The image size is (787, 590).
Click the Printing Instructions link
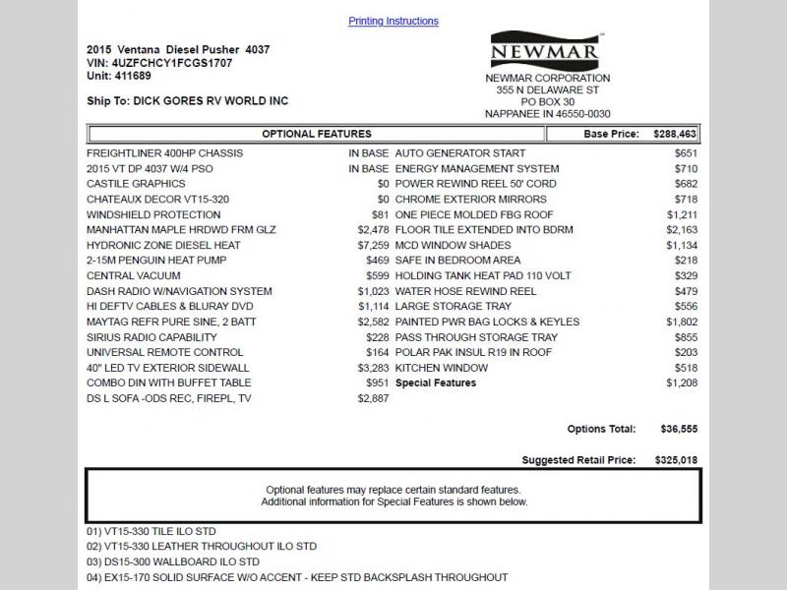[393, 21]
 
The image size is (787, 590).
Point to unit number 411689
[134, 76]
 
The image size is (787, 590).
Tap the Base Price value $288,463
[675, 134]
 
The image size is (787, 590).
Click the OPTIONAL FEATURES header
[316, 134]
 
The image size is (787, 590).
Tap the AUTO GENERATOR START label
[459, 153]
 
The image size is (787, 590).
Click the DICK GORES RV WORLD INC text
[211, 100]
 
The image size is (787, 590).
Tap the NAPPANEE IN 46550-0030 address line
[547, 114]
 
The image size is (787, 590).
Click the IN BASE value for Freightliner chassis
[369, 153]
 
